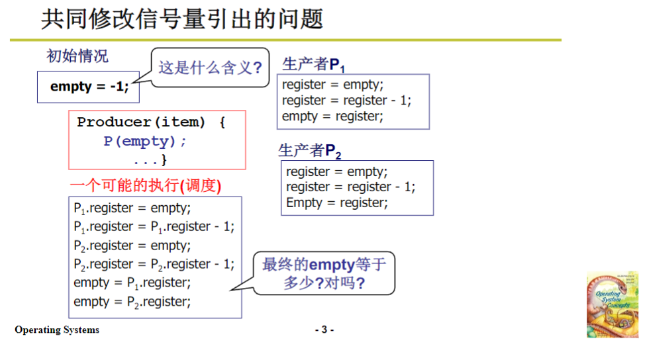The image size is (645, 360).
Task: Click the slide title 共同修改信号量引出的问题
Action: [182, 18]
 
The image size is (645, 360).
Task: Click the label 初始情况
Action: [77, 56]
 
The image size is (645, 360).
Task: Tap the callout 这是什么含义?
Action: [210, 67]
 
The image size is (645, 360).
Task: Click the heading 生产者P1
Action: [313, 64]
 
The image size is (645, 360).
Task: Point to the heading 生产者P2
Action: [310, 151]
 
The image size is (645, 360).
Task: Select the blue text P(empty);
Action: [145, 141]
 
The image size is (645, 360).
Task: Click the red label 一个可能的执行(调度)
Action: [145, 186]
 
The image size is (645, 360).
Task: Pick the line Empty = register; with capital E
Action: [336, 203]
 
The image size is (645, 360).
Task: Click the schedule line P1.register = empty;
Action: [132, 208]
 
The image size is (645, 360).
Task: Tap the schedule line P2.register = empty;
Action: [132, 246]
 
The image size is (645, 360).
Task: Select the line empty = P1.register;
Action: [132, 283]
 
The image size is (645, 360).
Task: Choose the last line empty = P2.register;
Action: [132, 302]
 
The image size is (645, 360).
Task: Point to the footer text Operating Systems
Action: [57, 330]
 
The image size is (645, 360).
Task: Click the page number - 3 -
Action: [324, 330]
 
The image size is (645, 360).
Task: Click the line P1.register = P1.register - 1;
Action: [154, 226]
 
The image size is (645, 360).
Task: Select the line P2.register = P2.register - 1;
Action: [154, 264]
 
